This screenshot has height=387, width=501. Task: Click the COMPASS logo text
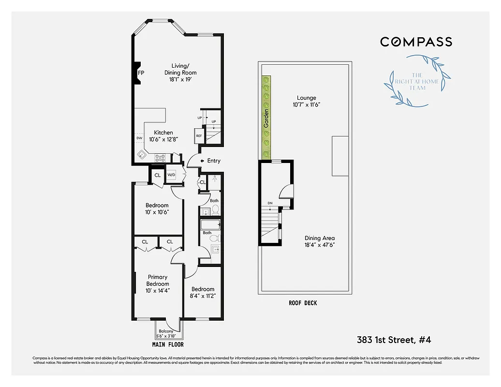416,42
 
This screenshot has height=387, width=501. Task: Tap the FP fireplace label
141,73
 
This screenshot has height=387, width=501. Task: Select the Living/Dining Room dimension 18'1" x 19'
177,79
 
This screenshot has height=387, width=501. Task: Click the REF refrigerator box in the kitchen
199,136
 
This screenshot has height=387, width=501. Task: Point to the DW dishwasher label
139,138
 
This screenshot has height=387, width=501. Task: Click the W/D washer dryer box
172,175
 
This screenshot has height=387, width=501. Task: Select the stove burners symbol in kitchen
161,157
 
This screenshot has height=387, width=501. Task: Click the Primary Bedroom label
158,281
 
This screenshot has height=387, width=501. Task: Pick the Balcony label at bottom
167,331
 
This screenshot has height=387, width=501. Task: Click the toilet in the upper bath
216,209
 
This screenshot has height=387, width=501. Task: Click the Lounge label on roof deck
307,98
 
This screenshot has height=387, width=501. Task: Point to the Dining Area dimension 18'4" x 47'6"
320,245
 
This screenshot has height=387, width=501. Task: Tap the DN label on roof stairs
270,203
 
